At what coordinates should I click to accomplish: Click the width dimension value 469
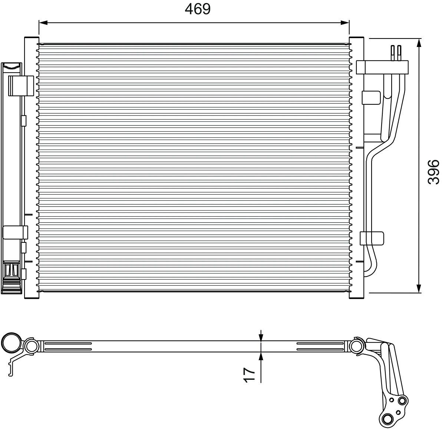coord(198,9)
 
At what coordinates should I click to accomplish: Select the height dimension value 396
coord(433,171)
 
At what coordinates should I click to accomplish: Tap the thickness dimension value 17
coord(249,375)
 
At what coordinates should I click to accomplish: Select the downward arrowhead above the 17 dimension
coord(261,337)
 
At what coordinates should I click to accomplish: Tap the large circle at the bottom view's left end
coord(11,343)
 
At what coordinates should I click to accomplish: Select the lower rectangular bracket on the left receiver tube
coord(15,232)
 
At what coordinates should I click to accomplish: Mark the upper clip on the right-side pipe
coord(371,97)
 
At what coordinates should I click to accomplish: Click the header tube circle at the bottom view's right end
coord(356,346)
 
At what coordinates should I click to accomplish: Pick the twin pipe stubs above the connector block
coord(396,53)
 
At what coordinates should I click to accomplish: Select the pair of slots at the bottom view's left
coord(68,346)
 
